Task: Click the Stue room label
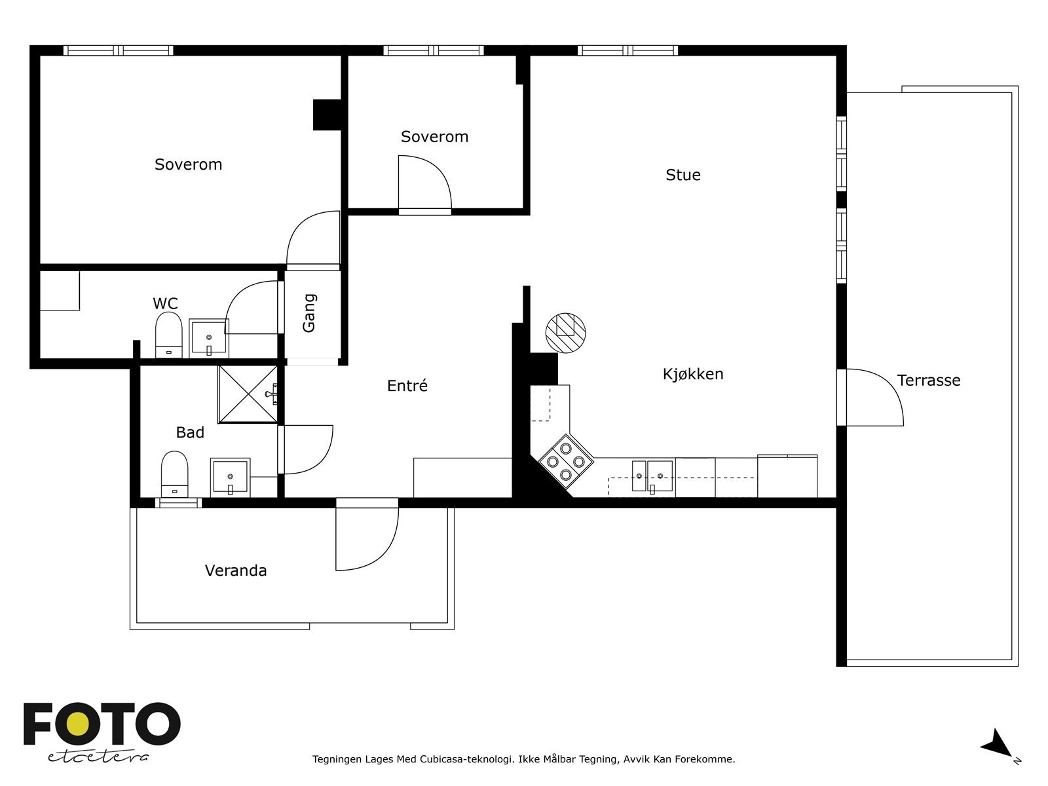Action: pyautogui.click(x=683, y=175)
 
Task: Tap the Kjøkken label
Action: pyautogui.click(x=693, y=373)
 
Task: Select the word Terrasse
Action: pyautogui.click(x=929, y=381)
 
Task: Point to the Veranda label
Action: pyautogui.click(x=236, y=571)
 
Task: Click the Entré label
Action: pyautogui.click(x=407, y=385)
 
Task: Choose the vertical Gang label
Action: pyautogui.click(x=309, y=313)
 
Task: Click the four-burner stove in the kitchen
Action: pyautogui.click(x=566, y=462)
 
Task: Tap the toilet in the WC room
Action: pyautogui.click(x=168, y=335)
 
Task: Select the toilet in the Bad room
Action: pyautogui.click(x=174, y=474)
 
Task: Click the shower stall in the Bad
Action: pyautogui.click(x=248, y=394)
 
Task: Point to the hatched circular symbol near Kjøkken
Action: pyautogui.click(x=565, y=333)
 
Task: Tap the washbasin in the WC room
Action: pyautogui.click(x=209, y=338)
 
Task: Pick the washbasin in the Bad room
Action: pyautogui.click(x=230, y=477)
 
